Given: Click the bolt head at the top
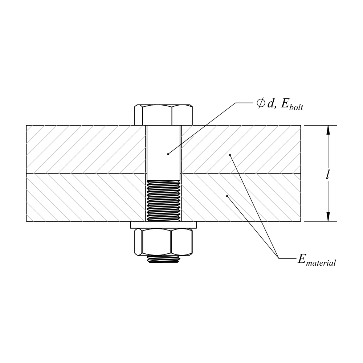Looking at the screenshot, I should click(x=163, y=115).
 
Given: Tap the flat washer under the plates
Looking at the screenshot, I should click(x=163, y=225).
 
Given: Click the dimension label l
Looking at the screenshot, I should click(x=328, y=174).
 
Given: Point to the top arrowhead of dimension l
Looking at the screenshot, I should click(x=328, y=130).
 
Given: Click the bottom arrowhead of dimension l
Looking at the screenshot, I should click(x=328, y=216).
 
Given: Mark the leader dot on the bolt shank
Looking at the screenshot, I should click(x=168, y=154).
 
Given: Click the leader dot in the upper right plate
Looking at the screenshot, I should click(x=230, y=155).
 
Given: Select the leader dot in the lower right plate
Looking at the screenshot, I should click(x=227, y=196).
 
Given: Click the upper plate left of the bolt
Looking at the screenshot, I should click(x=85, y=149).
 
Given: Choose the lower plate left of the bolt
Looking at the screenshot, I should click(x=85, y=197).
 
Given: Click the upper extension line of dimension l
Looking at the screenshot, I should click(x=319, y=125).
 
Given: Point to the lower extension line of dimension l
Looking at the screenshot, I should click(x=319, y=221).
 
